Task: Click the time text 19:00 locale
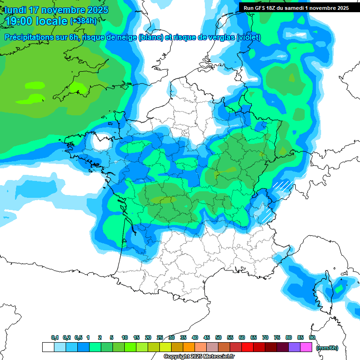[x=35, y=21]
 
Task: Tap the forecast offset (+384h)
[x=83, y=21]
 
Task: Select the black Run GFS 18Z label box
[x=296, y=7]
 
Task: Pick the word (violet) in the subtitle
[x=249, y=37]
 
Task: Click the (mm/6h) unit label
[x=327, y=348]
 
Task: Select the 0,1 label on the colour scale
[x=54, y=338]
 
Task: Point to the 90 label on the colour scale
[x=312, y=338]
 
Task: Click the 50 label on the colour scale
[x=218, y=338]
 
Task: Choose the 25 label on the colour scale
[x=160, y=338]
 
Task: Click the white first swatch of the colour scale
[x=48, y=347]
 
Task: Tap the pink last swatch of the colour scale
[x=306, y=347]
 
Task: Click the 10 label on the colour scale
[x=125, y=338]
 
